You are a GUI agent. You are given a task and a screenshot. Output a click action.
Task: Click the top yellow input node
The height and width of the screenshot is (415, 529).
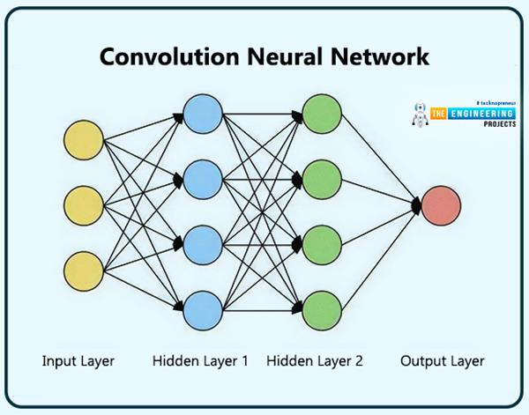tap(84, 140)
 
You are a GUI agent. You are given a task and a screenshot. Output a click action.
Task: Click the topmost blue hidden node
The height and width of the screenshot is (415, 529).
tap(202, 114)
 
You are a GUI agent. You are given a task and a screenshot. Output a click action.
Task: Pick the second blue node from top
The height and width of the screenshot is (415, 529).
tap(202, 179)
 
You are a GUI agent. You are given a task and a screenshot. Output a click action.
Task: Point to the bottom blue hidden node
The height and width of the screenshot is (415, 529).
tap(202, 308)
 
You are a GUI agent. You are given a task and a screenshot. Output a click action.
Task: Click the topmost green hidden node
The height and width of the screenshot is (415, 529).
tap(321, 114)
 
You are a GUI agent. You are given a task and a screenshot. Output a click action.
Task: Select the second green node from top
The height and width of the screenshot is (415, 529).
tap(321, 179)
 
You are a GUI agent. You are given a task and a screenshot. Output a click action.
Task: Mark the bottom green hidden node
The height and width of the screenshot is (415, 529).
tap(321, 308)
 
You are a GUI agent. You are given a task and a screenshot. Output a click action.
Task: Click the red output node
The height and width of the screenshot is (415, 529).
tap(440, 204)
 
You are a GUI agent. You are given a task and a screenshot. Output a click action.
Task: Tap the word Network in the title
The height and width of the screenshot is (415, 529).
tap(378, 57)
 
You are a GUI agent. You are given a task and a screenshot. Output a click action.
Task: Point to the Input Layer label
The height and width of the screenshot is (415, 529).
tap(78, 361)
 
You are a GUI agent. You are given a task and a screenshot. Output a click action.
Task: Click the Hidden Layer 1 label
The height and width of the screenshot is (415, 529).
tap(202, 361)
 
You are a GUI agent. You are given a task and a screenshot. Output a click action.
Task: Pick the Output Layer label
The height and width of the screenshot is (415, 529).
tap(442, 361)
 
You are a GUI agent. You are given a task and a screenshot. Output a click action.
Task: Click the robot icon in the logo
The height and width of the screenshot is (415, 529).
tap(421, 118)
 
